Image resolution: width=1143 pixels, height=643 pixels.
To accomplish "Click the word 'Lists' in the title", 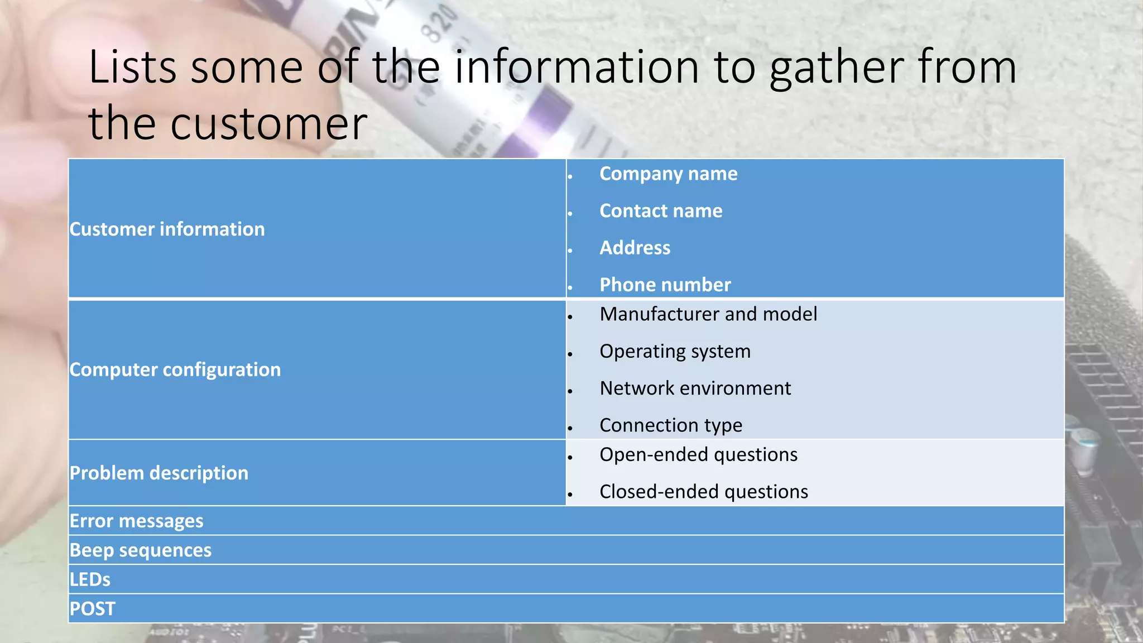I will pyautogui.click(x=132, y=67).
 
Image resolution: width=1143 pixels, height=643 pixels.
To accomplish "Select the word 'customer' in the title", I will pyautogui.click(x=268, y=124).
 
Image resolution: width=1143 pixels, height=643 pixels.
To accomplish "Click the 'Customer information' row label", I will pyautogui.click(x=167, y=229).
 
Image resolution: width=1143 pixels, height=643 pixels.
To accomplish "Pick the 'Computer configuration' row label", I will pyautogui.click(x=175, y=370).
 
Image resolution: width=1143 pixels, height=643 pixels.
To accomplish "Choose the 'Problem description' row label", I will pyautogui.click(x=159, y=473).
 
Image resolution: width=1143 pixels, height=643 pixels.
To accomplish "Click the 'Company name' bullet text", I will pyautogui.click(x=668, y=174).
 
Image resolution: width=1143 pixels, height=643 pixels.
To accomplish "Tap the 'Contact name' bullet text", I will pyautogui.click(x=661, y=211).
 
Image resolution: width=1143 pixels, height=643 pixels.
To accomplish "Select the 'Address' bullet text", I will pyautogui.click(x=635, y=248).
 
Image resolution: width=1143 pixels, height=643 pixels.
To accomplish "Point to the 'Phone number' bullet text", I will pyautogui.click(x=665, y=285).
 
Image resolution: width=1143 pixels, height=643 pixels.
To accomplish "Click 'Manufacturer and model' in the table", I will pyautogui.click(x=708, y=314).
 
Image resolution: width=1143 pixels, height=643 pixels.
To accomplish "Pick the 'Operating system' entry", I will pyautogui.click(x=675, y=352).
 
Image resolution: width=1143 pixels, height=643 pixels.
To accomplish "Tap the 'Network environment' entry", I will pyautogui.click(x=695, y=388).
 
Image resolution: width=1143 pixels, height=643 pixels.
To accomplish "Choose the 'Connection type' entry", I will pyautogui.click(x=670, y=425).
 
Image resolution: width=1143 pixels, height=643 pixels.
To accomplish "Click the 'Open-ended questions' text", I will pyautogui.click(x=698, y=455).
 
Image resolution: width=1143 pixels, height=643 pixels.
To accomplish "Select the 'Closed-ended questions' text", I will pyautogui.click(x=703, y=492).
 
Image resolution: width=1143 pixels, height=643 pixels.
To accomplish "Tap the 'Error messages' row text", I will pyautogui.click(x=136, y=521).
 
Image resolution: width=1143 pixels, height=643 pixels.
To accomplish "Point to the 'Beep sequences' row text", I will pyautogui.click(x=140, y=550).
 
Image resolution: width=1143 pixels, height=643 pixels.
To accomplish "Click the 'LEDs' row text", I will pyautogui.click(x=90, y=580).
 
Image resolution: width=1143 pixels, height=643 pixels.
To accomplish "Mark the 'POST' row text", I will pyautogui.click(x=92, y=609).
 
